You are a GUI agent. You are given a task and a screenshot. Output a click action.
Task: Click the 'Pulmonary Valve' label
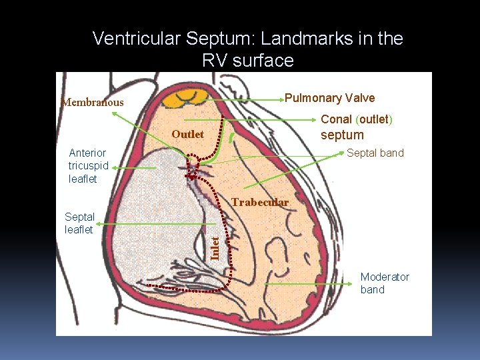pos(329,98)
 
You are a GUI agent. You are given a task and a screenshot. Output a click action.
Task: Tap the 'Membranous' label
pos(92,102)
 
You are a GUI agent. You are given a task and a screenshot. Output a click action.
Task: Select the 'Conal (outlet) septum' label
pos(357,127)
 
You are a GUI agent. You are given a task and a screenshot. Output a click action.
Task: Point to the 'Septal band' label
pos(375,153)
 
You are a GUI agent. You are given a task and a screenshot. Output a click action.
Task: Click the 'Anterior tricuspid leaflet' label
pos(87,166)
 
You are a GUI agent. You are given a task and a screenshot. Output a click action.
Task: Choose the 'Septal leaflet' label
pos(79,223)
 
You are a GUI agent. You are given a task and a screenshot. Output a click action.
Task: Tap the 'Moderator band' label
pos(385,283)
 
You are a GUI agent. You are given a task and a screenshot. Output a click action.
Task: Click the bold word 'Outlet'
pos(187,134)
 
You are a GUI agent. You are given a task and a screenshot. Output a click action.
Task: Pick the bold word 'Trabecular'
pos(259,202)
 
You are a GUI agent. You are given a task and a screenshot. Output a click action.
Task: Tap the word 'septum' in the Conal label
pos(342,135)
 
